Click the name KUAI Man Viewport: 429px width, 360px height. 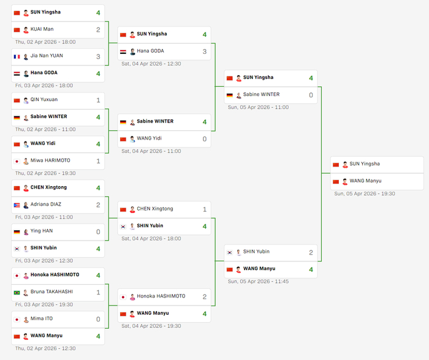tap(42, 29)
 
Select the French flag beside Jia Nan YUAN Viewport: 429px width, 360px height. tap(17, 56)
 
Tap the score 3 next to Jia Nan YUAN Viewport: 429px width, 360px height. tap(98, 56)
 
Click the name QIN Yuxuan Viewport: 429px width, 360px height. tap(44, 100)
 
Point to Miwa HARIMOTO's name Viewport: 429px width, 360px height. tap(50, 161)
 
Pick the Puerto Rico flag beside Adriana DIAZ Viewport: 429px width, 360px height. tap(17, 204)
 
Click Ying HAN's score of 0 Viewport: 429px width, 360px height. tap(98, 232)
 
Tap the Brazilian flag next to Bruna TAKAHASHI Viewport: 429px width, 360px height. tap(17, 293)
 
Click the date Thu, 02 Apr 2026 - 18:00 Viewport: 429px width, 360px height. tap(45, 42)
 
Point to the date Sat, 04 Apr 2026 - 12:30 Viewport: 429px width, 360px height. tap(151, 64)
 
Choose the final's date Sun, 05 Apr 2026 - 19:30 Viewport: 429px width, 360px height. tap(364, 193)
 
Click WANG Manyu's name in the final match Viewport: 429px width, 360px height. tap(366, 181)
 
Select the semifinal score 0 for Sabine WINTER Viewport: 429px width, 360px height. tap(311, 95)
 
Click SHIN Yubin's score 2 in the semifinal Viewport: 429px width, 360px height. tap(311, 252)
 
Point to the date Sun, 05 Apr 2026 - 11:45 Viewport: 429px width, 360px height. tap(258, 282)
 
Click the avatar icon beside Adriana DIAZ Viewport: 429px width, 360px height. tap(26, 204)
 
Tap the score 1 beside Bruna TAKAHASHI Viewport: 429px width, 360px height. tap(98, 293)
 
